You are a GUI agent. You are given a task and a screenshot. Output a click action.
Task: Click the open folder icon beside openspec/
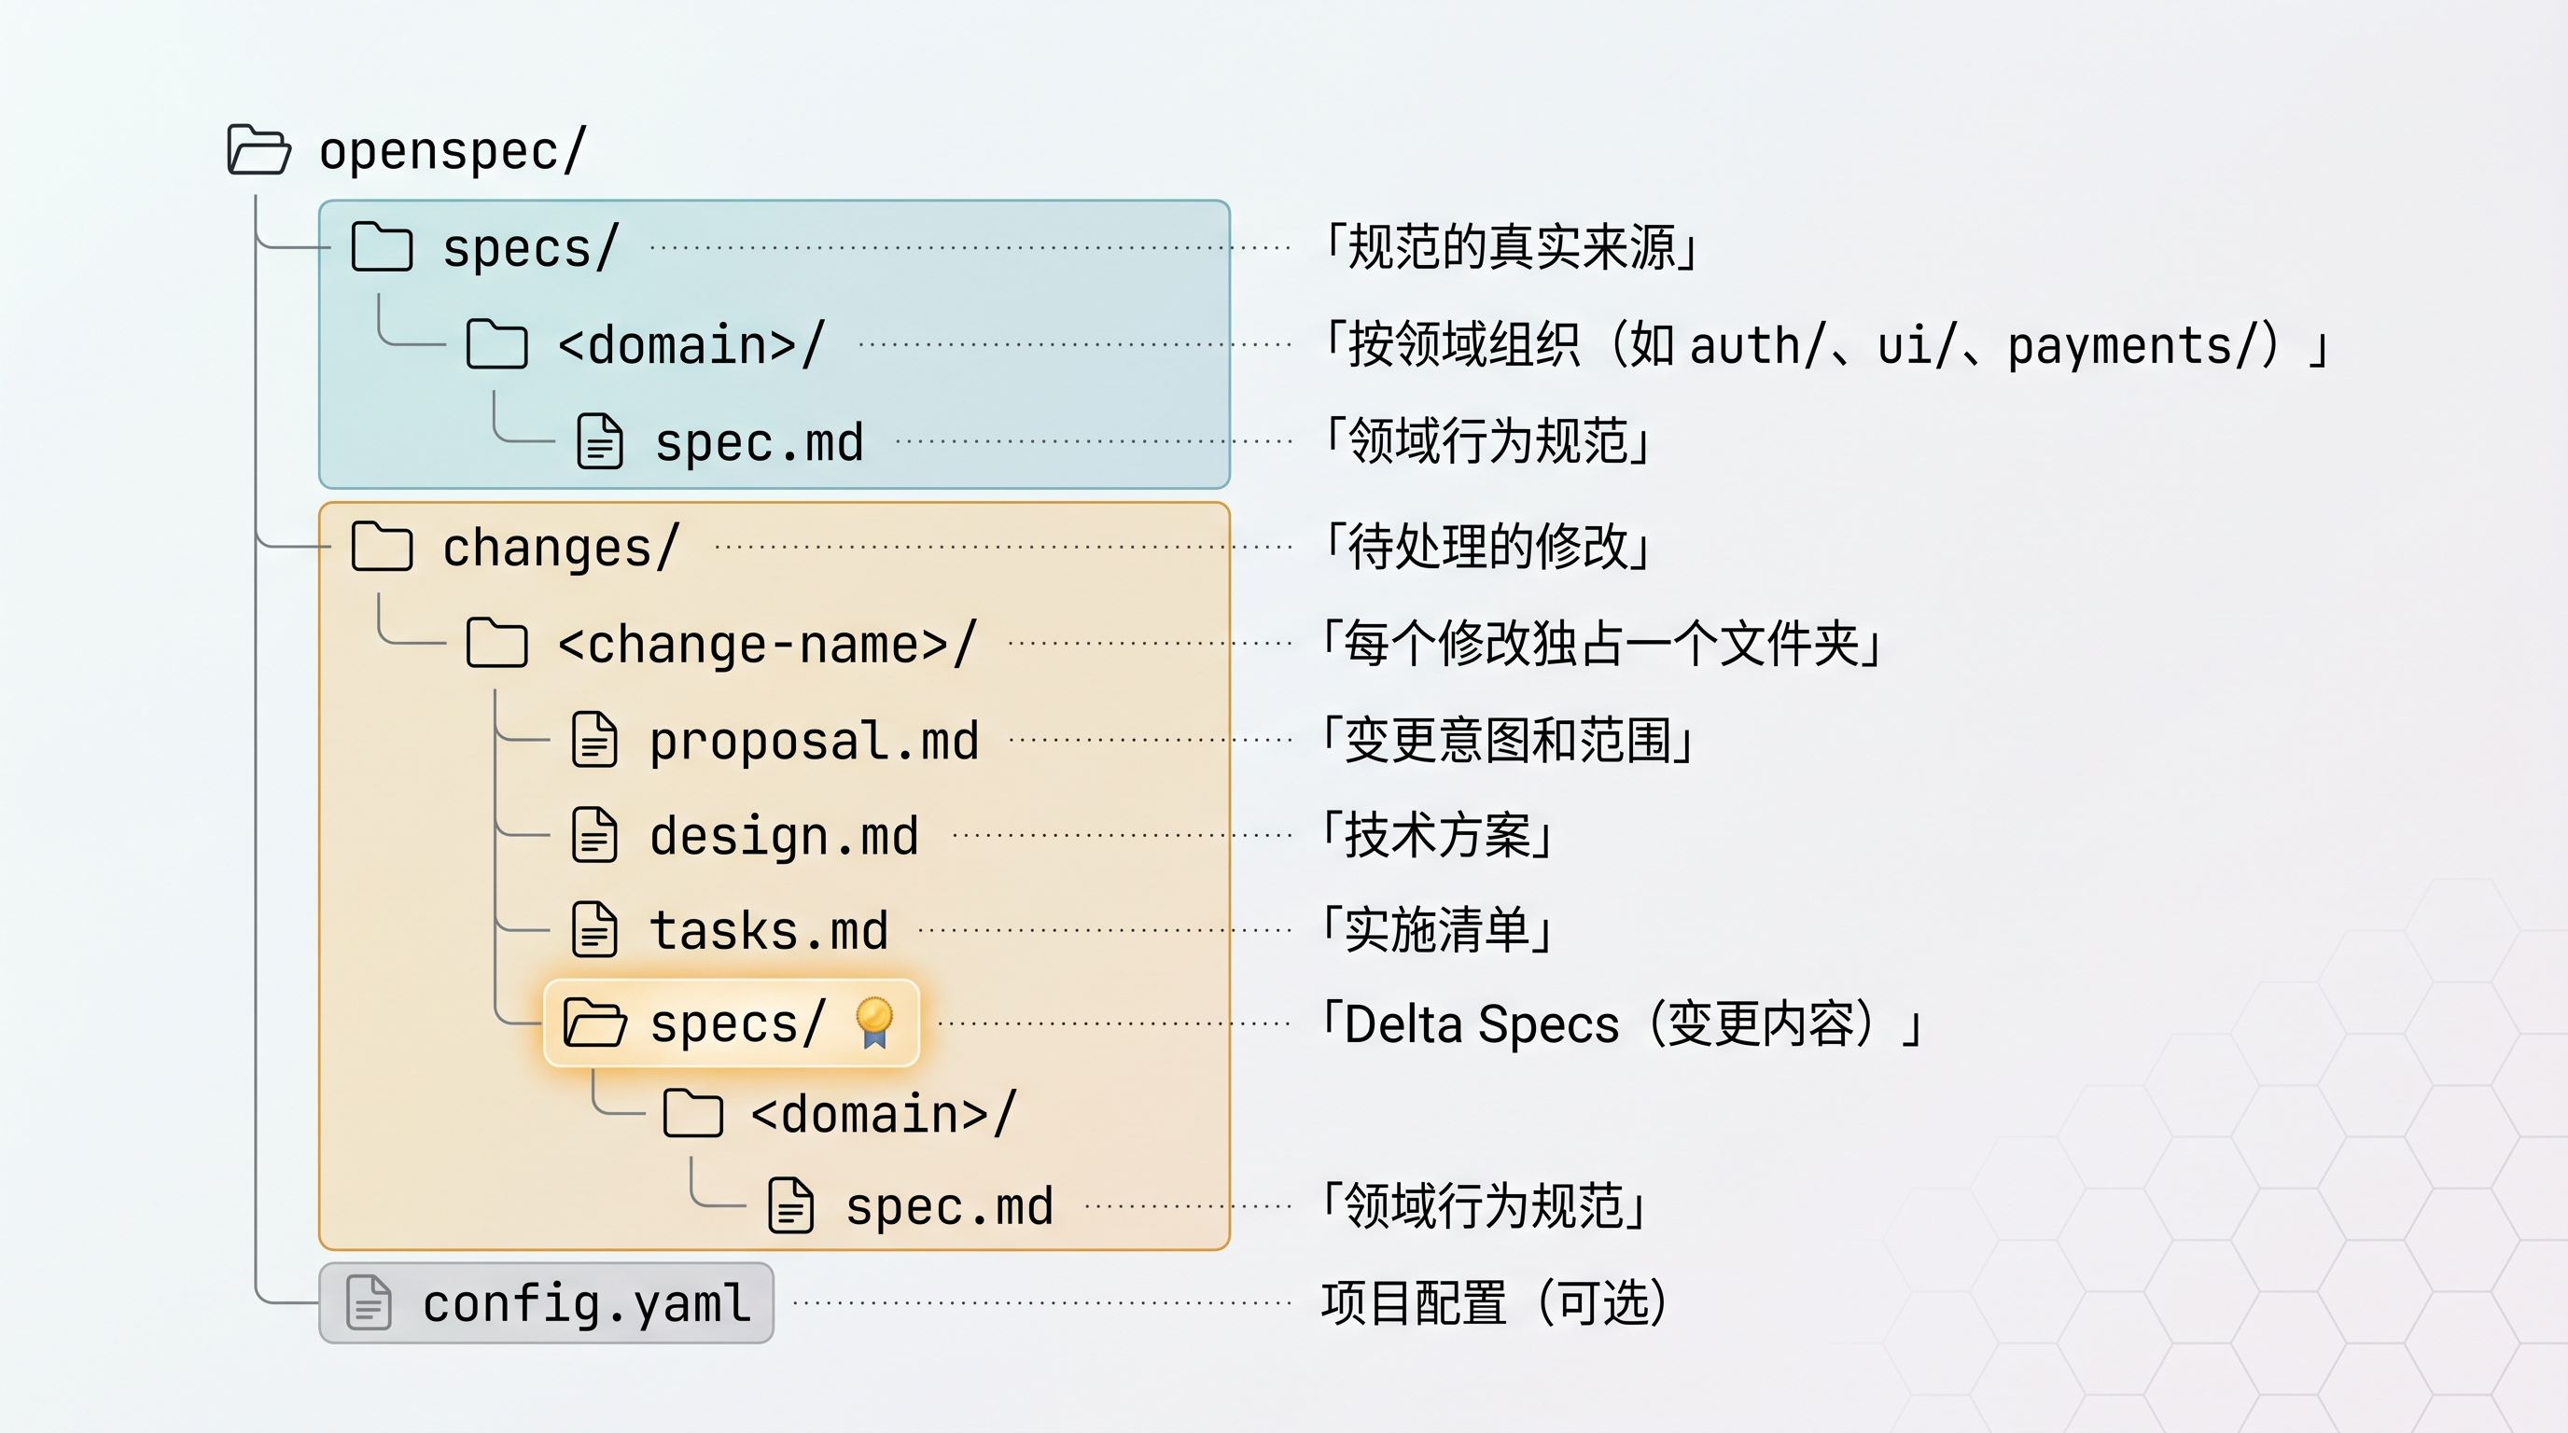(x=258, y=150)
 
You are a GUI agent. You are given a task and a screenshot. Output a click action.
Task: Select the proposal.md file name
(x=814, y=742)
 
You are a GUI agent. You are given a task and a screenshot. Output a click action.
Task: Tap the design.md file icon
(x=594, y=835)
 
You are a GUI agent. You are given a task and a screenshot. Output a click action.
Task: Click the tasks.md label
(x=768, y=931)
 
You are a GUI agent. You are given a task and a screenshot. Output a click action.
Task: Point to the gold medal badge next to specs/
(x=874, y=1023)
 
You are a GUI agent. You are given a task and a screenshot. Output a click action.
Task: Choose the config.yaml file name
(x=586, y=1303)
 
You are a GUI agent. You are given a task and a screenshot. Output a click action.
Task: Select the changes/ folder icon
(x=382, y=546)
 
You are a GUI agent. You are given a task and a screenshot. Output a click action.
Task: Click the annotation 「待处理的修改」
(x=1486, y=546)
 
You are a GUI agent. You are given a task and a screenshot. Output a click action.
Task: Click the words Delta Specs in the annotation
(x=1482, y=1024)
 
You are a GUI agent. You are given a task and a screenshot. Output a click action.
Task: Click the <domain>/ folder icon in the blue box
(x=496, y=345)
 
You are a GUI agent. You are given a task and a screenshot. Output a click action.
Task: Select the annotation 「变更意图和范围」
(x=1507, y=742)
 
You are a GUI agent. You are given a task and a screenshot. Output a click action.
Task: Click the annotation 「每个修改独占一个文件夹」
(x=1601, y=644)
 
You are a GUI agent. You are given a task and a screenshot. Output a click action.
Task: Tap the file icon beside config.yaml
(x=368, y=1302)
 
